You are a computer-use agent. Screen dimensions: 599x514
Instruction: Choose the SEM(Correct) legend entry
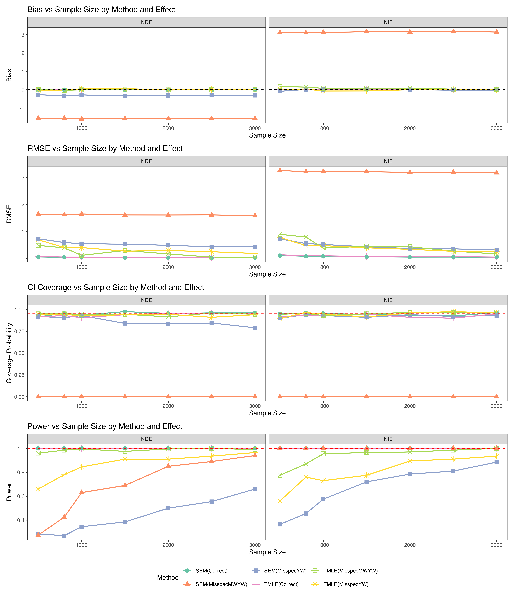tap(211, 571)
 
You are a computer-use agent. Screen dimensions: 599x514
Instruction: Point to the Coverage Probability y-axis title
tap(9, 353)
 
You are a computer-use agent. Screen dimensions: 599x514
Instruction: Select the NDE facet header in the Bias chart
tap(146, 22)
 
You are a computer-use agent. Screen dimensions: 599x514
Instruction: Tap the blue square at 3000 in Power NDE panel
tap(255, 489)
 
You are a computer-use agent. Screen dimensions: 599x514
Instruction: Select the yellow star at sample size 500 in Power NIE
tap(280, 501)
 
